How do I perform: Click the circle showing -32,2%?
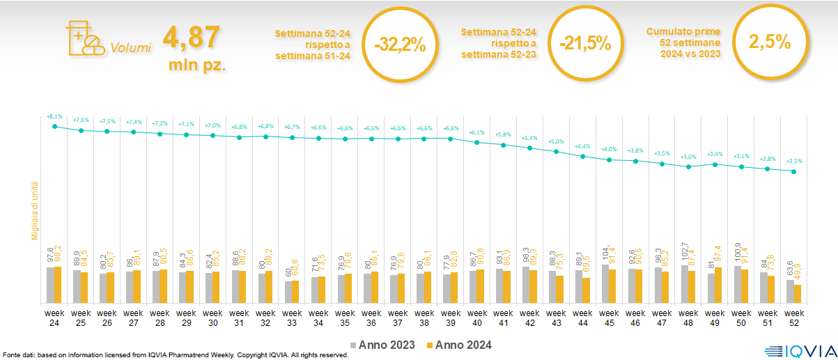tap(399, 45)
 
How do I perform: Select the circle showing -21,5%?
tap(584, 43)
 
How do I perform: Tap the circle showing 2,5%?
tap(769, 42)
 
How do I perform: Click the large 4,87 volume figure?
tap(192, 38)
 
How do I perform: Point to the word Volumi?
tap(130, 48)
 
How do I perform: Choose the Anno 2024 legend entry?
tap(459, 345)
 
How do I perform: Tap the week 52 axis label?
tap(794, 318)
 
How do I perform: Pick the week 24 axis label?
tap(54, 318)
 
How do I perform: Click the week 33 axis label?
tap(292, 318)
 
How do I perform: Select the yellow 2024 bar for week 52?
tap(798, 294)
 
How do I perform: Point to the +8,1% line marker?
tap(54, 125)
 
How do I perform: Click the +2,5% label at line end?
tap(794, 162)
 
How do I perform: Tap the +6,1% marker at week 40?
tap(476, 142)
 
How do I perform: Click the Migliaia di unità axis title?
tap(33, 209)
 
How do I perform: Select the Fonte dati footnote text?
tap(174, 355)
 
